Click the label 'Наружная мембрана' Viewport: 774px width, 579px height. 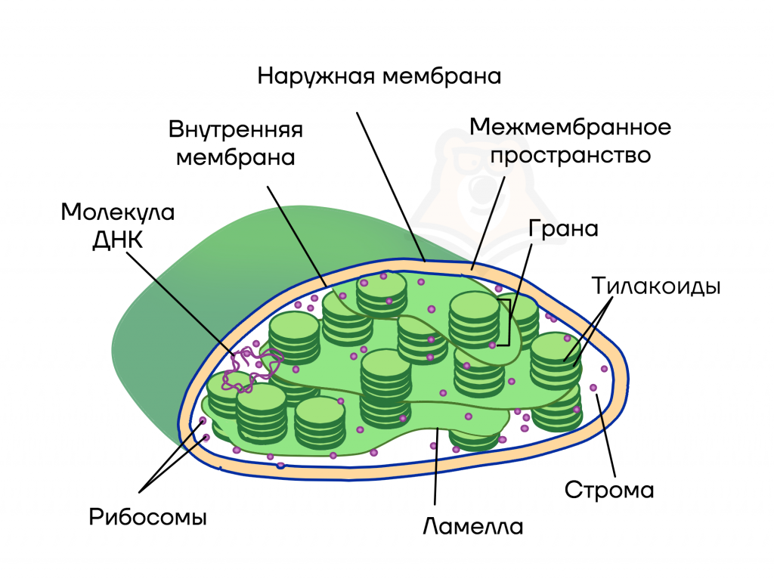pos(379,77)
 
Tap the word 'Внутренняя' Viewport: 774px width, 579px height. pos(236,130)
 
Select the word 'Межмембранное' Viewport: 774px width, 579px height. pos(570,127)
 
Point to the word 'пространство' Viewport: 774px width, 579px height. pos(570,156)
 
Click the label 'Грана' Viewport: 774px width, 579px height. pos(563,229)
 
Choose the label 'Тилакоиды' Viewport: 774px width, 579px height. pos(656,286)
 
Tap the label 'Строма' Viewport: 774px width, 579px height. pos(609,490)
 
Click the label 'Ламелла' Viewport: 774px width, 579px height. pos(473,527)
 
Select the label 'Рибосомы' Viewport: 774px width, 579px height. pos(147,518)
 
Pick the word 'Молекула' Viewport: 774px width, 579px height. pos(118,212)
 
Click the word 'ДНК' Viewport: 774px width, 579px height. pos(118,240)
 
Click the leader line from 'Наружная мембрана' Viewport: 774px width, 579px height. pos(391,187)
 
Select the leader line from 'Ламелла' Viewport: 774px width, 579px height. pos(436,466)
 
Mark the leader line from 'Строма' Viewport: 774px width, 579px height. pos(605,435)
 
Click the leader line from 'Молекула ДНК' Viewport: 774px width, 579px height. pos(181,304)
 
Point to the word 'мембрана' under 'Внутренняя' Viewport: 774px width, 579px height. pos(236,158)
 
